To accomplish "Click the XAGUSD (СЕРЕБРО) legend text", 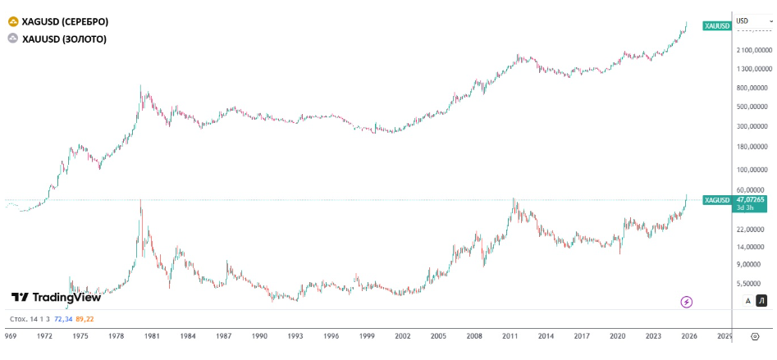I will click(x=65, y=21).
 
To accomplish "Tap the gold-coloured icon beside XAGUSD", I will click(x=12, y=21).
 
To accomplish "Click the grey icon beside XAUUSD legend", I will click(x=12, y=39).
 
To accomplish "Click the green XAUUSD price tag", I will click(x=716, y=26).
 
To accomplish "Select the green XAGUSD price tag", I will click(x=716, y=200).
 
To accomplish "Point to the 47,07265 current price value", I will click(x=751, y=198).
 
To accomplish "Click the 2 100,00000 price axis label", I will click(x=752, y=50).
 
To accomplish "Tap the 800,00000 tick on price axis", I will click(x=752, y=88).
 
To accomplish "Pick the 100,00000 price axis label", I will click(x=752, y=171).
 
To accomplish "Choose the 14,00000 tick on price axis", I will click(x=752, y=247).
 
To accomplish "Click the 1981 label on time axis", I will click(x=152, y=335).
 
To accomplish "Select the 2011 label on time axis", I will click(x=510, y=335).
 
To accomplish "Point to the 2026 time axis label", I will click(x=689, y=335).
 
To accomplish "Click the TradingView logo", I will click(x=55, y=298).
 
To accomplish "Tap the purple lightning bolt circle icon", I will click(x=687, y=302).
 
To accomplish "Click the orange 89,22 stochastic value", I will click(x=84, y=318).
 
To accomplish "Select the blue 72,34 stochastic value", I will click(x=62, y=318).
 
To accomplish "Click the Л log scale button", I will click(x=761, y=301).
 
